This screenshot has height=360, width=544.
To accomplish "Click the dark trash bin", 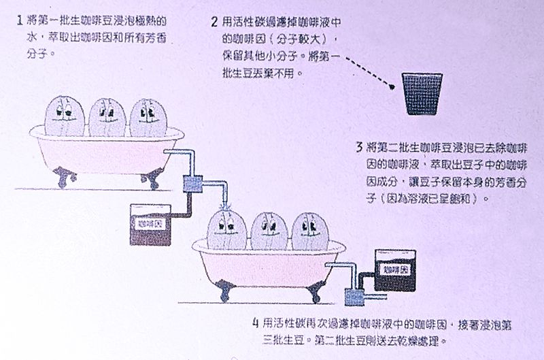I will (419, 95).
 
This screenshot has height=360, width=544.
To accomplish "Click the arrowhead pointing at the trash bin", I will (392, 86).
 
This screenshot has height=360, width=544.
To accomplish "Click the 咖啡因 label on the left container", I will (150, 222).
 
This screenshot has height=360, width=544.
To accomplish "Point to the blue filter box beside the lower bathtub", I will (356, 296).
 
